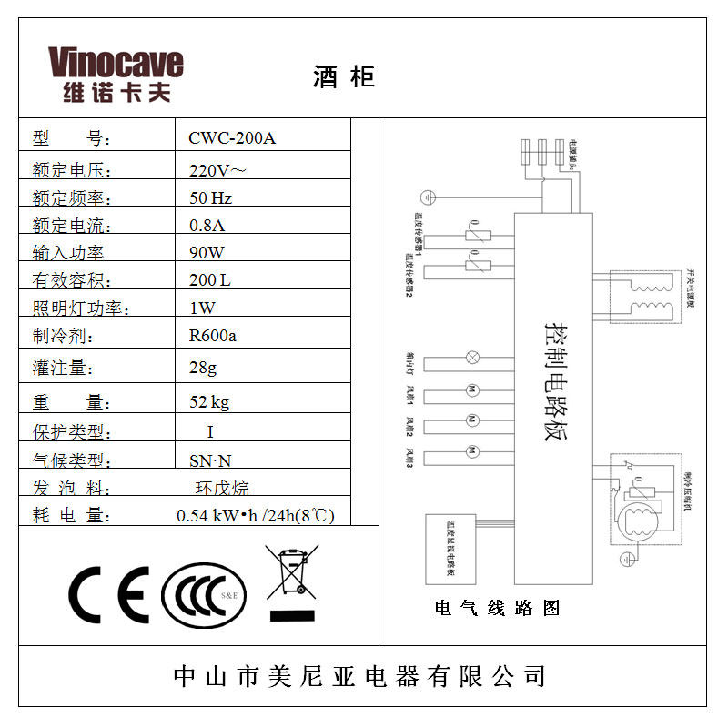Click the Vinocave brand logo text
point(116,64)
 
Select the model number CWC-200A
point(231,138)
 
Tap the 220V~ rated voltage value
point(217,169)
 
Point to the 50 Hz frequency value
point(210,197)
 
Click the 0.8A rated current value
point(207,225)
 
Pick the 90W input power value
point(207,252)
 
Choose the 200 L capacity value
point(210,280)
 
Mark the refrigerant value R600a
point(213,335)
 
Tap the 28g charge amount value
point(204,368)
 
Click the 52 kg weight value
point(208,402)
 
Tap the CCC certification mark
point(203,596)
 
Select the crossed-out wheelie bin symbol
point(291,577)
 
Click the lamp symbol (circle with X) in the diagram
point(472,356)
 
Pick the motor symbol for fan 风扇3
point(472,451)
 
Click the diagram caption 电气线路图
point(497,608)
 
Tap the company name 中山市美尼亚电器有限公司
point(360,676)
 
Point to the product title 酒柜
point(344,77)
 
